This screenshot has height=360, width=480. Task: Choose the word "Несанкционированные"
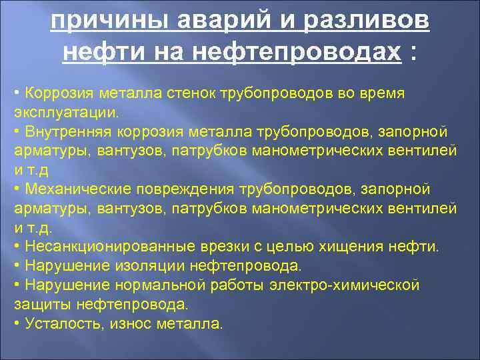[x=100, y=247]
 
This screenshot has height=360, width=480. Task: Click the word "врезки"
[x=205, y=247]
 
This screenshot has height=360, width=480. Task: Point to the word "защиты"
[x=38, y=305]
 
